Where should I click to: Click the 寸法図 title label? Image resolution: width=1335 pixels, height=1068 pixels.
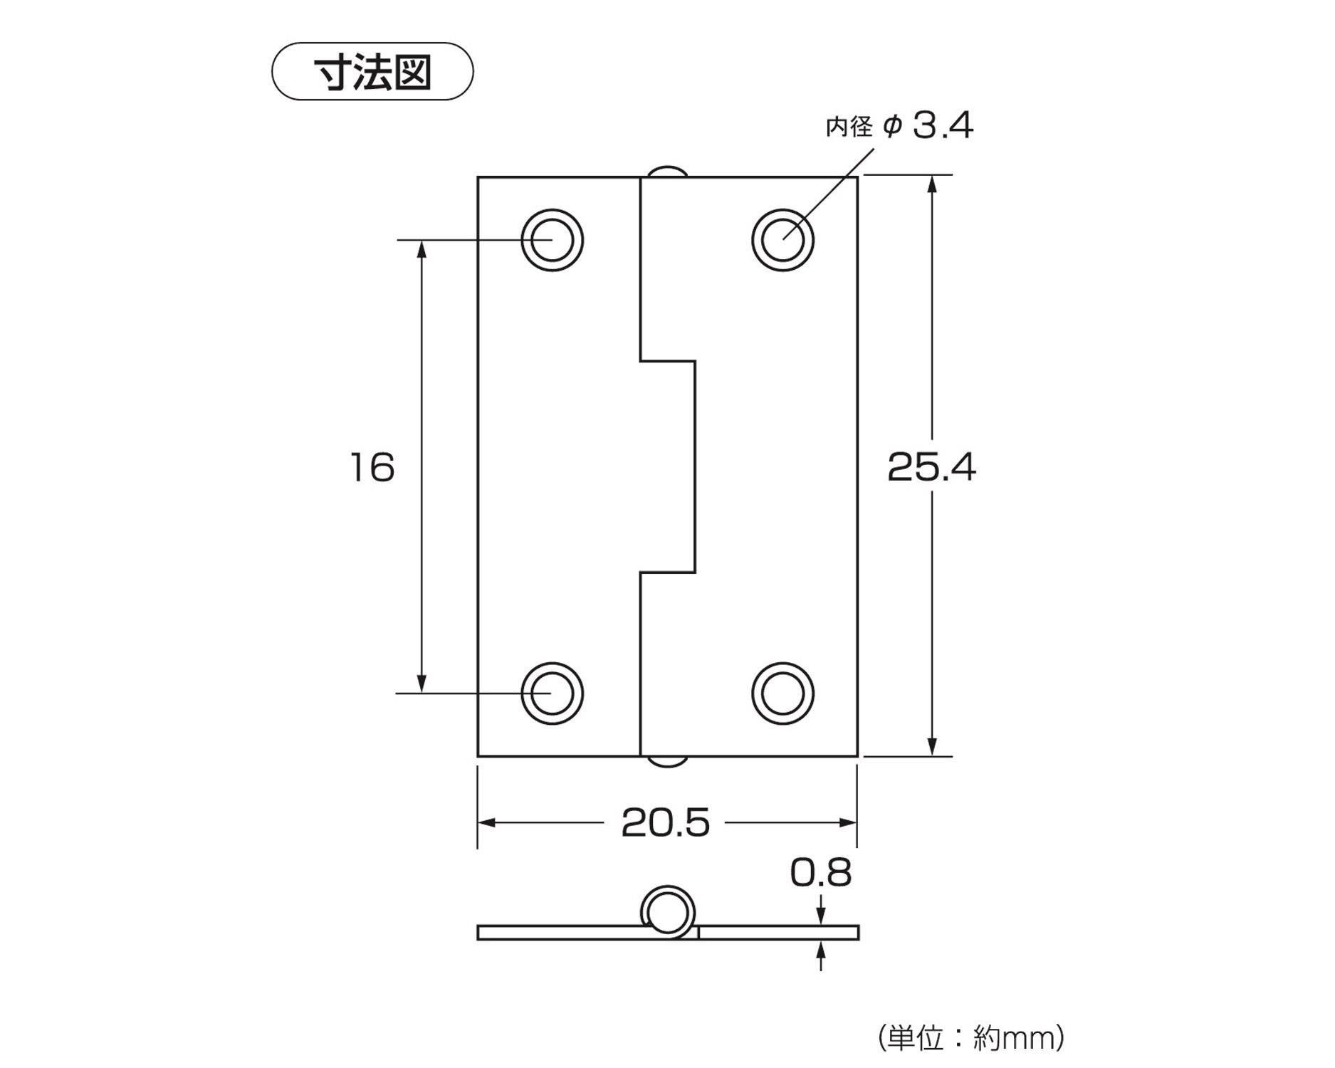click(372, 72)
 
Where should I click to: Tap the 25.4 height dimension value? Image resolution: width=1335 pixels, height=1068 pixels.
click(931, 468)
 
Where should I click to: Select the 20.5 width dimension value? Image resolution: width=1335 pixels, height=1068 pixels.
click(666, 823)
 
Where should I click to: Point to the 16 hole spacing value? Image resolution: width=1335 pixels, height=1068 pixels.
click(372, 468)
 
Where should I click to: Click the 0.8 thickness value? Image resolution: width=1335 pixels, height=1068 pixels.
click(820, 873)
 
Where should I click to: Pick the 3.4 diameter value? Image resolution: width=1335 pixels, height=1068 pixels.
click(943, 126)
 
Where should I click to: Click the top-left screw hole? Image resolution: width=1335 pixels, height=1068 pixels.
click(552, 240)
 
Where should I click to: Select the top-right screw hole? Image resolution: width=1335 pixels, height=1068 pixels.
click(782, 240)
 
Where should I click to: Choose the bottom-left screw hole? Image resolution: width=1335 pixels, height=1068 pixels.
click(552, 693)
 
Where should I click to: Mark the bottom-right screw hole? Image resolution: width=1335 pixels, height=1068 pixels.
click(782, 693)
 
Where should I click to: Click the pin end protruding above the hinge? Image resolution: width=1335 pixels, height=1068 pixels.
click(668, 171)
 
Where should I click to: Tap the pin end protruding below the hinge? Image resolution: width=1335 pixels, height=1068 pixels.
click(668, 762)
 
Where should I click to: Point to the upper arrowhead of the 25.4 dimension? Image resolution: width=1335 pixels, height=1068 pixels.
click(932, 184)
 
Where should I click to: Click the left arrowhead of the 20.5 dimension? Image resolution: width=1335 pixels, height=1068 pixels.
click(486, 823)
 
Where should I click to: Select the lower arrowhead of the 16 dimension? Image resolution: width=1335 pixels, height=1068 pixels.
click(422, 684)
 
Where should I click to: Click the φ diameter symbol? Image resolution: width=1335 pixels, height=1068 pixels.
click(892, 127)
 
